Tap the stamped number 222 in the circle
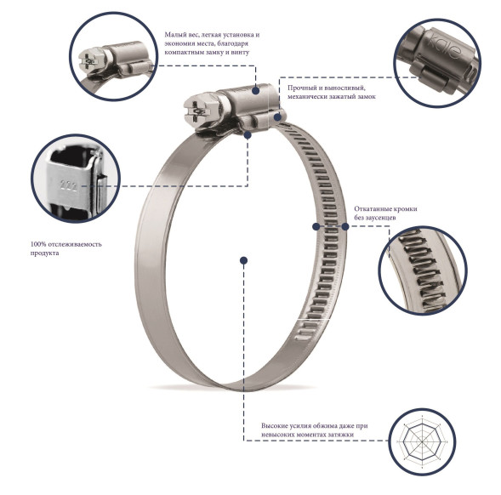(x=69, y=185)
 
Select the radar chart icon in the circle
(x=423, y=442)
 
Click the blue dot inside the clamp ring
(x=244, y=260)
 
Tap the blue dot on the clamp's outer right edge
(x=345, y=226)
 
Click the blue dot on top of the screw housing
(x=256, y=91)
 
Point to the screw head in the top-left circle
(x=92, y=60)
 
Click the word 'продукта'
(x=45, y=253)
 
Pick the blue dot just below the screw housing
(x=248, y=135)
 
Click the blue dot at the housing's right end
(x=278, y=117)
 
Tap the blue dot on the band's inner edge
(x=316, y=226)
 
